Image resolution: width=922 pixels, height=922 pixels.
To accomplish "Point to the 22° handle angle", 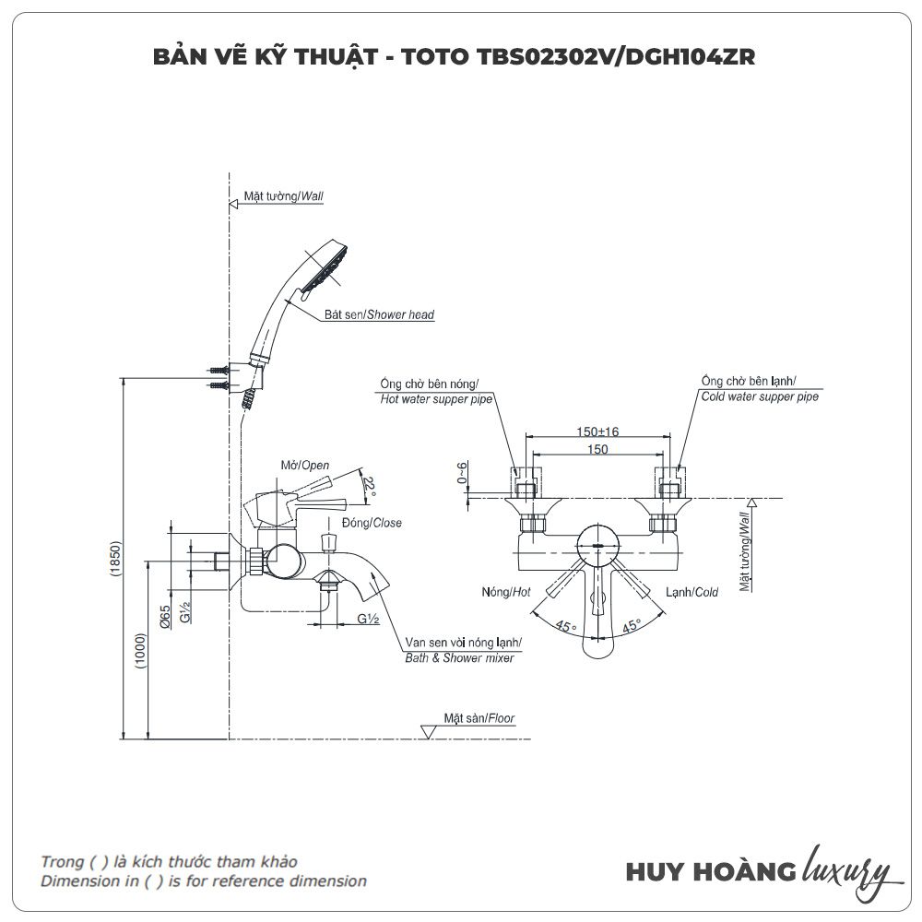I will tap(370, 486).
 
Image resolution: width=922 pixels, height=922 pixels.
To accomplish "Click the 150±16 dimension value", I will tap(597, 431).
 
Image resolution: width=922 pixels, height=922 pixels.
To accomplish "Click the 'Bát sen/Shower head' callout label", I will tap(379, 314).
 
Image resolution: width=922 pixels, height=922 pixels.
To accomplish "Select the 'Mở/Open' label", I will tap(305, 466).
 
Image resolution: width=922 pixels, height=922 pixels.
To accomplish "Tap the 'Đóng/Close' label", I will tap(372, 523).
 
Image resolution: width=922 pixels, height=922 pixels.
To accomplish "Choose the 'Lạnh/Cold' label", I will tap(691, 592).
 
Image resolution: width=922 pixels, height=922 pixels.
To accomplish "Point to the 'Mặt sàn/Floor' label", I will tap(479, 718).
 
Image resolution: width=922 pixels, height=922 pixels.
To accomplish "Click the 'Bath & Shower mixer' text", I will tap(460, 658).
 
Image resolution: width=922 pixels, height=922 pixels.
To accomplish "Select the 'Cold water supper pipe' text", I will tap(759, 396).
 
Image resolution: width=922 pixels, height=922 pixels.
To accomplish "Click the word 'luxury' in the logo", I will tap(846, 869).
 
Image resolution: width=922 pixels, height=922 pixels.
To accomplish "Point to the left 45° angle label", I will tap(565, 626).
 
